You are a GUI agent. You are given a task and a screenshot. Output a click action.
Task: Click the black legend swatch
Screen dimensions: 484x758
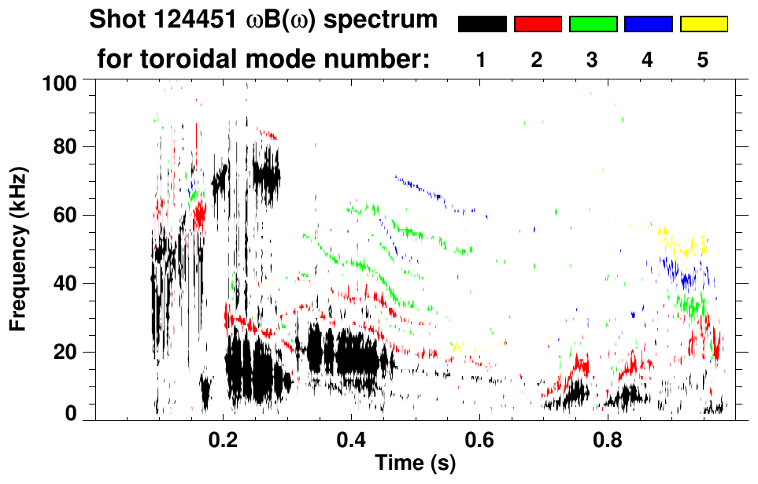[x=483, y=24]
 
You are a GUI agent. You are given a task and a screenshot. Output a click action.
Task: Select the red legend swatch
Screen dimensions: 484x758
[x=538, y=24]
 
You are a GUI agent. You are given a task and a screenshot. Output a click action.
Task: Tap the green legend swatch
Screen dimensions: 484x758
[x=593, y=24]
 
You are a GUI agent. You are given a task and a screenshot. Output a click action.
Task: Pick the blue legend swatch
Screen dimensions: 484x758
[x=648, y=24]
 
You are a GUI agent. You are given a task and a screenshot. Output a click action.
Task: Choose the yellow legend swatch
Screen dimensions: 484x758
[x=704, y=24]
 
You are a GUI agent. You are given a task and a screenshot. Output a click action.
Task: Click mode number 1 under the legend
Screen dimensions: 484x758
[x=481, y=60]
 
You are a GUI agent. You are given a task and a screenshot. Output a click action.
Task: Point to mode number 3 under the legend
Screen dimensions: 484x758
[x=592, y=60]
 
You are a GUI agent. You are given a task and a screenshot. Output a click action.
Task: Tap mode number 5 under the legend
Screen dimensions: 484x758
[x=703, y=60]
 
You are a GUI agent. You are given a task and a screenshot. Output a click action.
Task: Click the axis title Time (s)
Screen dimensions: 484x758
[x=414, y=464]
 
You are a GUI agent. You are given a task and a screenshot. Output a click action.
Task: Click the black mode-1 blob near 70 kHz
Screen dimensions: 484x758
[x=266, y=179]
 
